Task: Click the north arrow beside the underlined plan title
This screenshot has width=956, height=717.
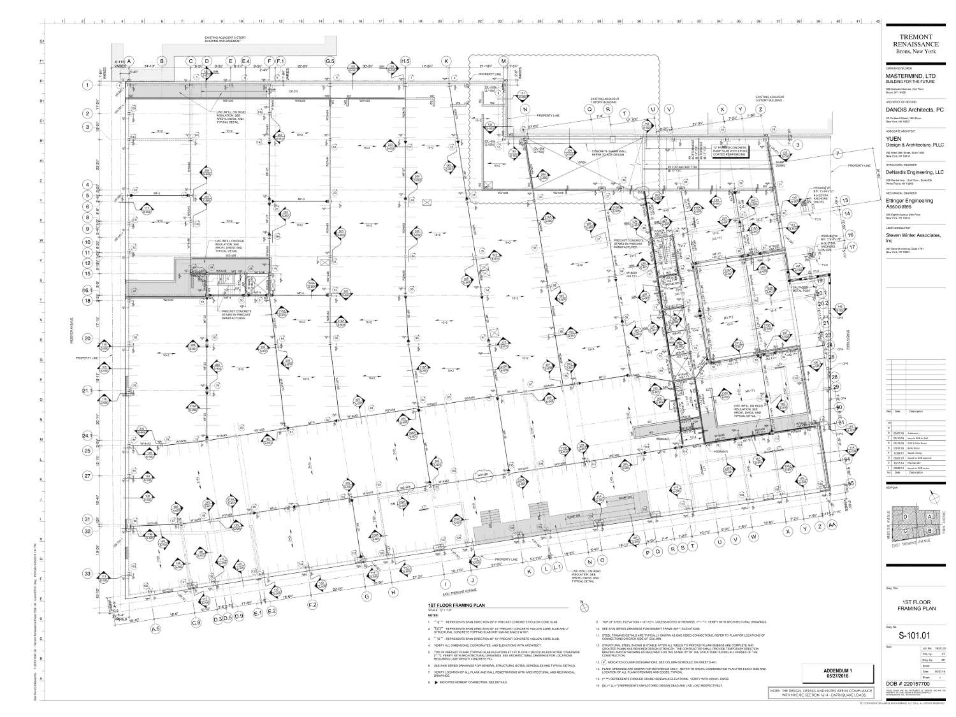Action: pyautogui.click(x=581, y=604)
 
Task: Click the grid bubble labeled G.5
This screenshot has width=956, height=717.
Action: pyautogui.click(x=330, y=61)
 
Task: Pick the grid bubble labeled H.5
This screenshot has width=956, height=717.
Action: pyautogui.click(x=405, y=61)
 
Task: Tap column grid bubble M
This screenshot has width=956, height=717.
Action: pyautogui.click(x=503, y=61)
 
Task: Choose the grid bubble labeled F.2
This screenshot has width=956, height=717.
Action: pyautogui.click(x=312, y=603)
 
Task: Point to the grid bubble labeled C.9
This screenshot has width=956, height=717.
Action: pyautogui.click(x=196, y=621)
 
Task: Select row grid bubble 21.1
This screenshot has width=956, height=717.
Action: pyautogui.click(x=87, y=390)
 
